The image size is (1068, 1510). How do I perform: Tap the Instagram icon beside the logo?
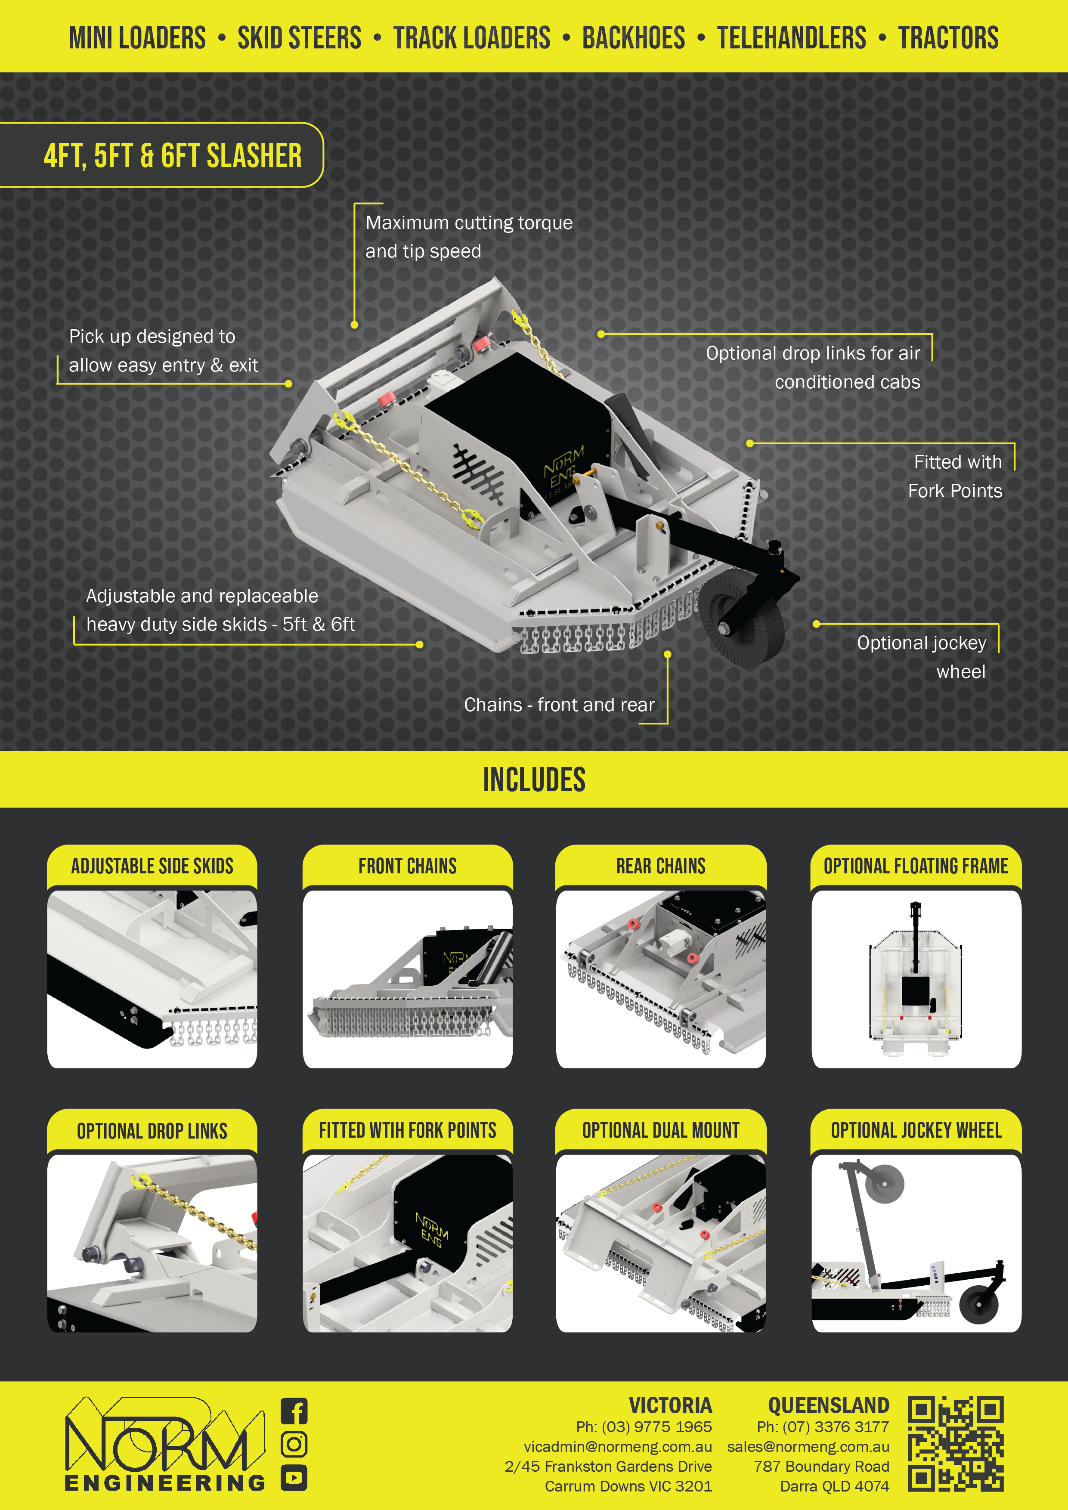(x=294, y=1444)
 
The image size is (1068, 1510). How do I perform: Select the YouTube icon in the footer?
(x=294, y=1478)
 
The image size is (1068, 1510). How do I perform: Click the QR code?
(x=956, y=1444)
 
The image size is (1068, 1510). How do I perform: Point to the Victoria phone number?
(x=644, y=1426)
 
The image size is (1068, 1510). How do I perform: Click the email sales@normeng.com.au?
(x=808, y=1447)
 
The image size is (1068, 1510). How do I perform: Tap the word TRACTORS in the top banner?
(x=948, y=37)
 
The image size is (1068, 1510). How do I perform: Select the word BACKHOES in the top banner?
(x=633, y=37)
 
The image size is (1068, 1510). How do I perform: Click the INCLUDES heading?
(x=534, y=780)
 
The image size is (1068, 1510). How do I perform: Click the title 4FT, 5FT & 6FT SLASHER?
(x=172, y=156)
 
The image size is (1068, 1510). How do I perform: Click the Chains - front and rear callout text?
(x=559, y=705)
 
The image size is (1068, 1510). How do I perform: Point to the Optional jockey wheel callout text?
(x=921, y=657)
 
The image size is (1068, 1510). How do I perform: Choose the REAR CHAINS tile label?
(x=661, y=866)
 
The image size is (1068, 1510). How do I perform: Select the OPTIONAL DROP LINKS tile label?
(x=152, y=1131)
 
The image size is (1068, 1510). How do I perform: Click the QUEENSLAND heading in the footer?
(x=829, y=1405)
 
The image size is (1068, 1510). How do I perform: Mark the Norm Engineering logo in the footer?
(x=164, y=1444)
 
